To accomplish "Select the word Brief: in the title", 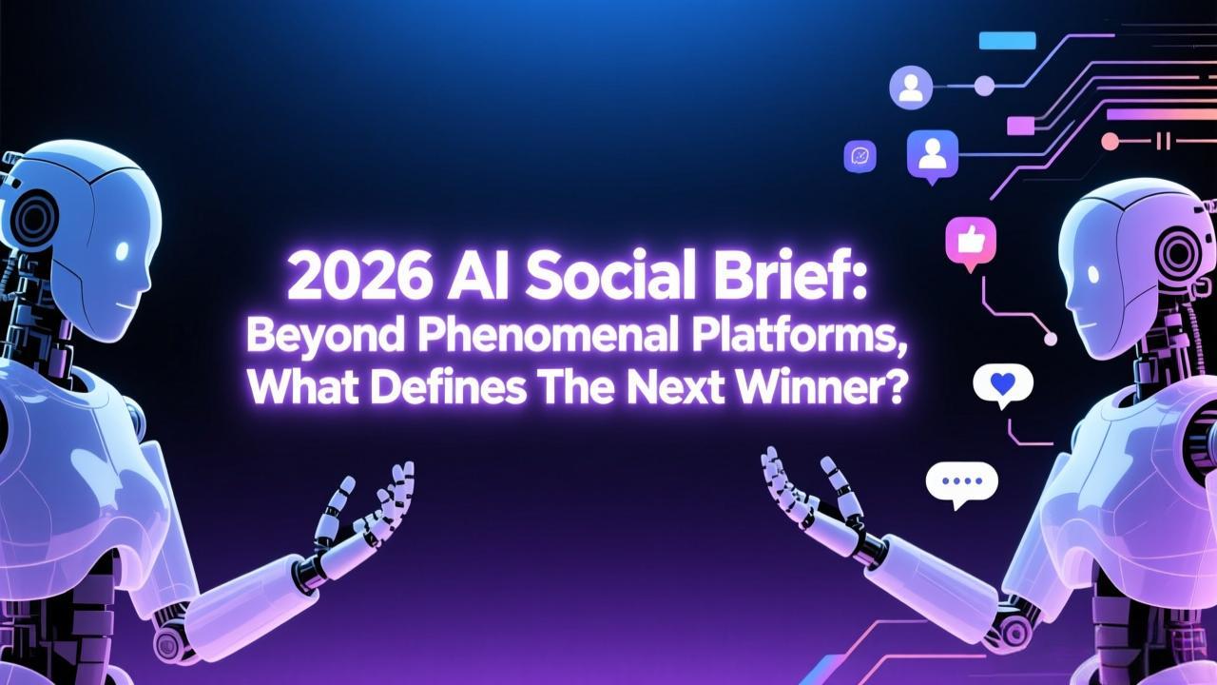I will pos(809,277).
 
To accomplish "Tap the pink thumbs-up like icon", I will pos(970,242).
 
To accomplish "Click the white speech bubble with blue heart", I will pos(1002,383).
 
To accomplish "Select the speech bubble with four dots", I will pos(961,482).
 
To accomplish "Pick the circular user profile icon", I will pos(911,88).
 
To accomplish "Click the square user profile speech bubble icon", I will pos(932,153).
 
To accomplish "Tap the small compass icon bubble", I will pos(860,156).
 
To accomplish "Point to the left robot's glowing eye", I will pos(122,251).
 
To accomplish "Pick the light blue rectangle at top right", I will pos(1007,40).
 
